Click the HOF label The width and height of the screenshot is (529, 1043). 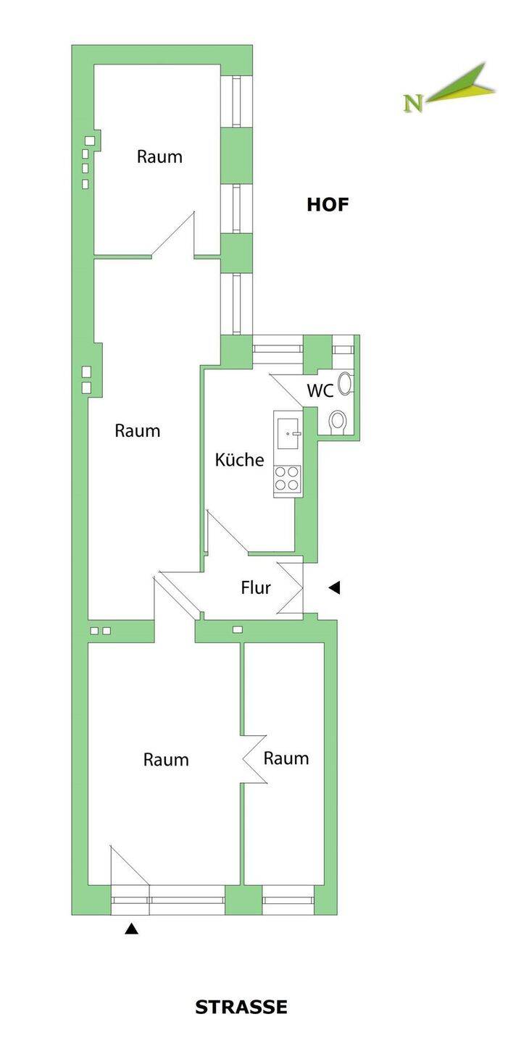[x=328, y=204]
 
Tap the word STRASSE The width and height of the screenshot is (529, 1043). [x=241, y=1007]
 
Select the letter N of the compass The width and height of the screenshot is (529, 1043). [x=413, y=104]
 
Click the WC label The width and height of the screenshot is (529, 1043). [x=320, y=390]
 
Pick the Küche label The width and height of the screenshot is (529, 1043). [x=239, y=459]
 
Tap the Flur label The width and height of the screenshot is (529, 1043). [x=255, y=587]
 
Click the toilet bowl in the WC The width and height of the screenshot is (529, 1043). [x=337, y=421]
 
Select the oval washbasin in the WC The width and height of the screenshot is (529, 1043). [x=346, y=383]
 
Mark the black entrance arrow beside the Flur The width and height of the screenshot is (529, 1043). [x=334, y=588]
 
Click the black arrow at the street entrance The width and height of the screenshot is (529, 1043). [x=131, y=929]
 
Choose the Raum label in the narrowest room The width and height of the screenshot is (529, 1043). [x=286, y=758]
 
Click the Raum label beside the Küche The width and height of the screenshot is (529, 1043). [x=137, y=430]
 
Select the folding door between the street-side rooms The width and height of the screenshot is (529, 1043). [x=254, y=758]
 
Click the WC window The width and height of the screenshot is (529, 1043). [x=341, y=349]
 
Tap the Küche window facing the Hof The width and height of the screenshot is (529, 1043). [x=278, y=349]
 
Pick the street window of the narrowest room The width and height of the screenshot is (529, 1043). [x=288, y=900]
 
